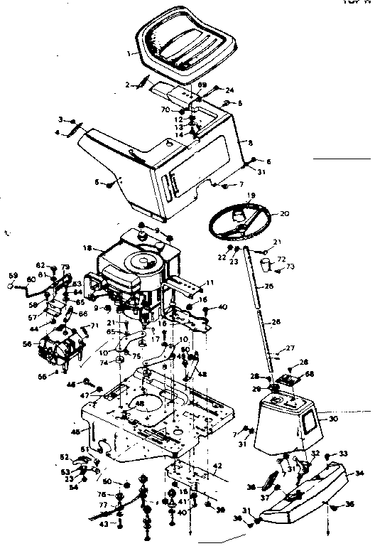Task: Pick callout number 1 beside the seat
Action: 129,53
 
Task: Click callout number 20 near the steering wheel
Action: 285,213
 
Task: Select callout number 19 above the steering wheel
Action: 251,194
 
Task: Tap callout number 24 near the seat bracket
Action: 229,90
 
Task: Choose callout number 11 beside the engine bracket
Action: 210,283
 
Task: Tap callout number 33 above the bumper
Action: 343,454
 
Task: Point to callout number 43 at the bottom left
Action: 104,524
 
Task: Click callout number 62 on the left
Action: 40,264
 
